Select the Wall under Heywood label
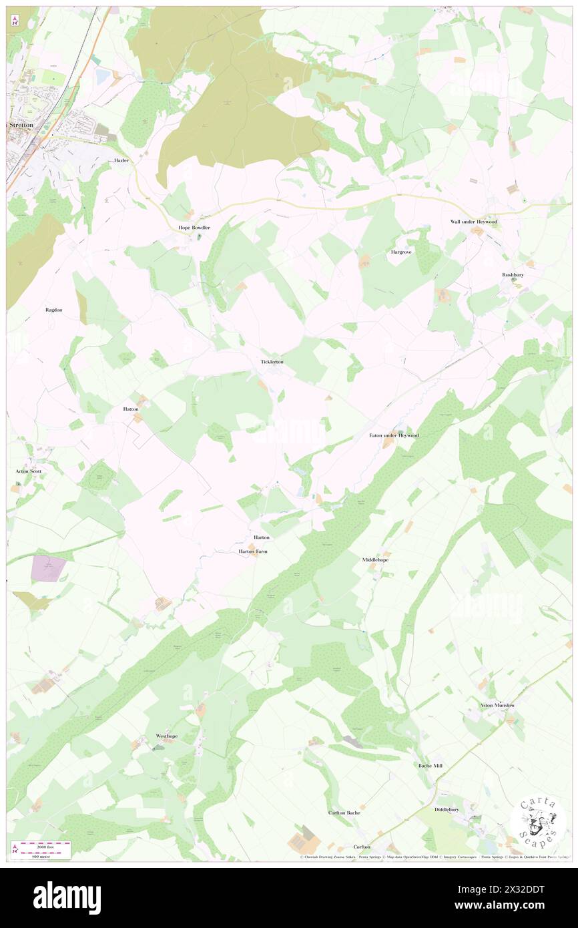pyautogui.click(x=473, y=222)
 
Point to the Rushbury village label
pyautogui.click(x=513, y=274)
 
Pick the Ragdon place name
pyautogui.click(x=53, y=310)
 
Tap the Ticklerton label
pyautogui.click(x=272, y=362)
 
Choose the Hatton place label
pyautogui.click(x=131, y=409)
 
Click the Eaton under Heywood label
pyautogui.click(x=394, y=435)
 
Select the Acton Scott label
pyautogui.click(x=29, y=471)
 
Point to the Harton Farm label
pyautogui.click(x=253, y=551)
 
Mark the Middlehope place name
pyautogui.click(x=375, y=559)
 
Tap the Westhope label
pyautogui.click(x=167, y=736)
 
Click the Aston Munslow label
pyautogui.click(x=497, y=705)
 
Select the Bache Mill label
pyautogui.click(x=430, y=766)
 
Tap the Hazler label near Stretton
pyautogui.click(x=121, y=161)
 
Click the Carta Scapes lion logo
pyautogui.click(x=538, y=821)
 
